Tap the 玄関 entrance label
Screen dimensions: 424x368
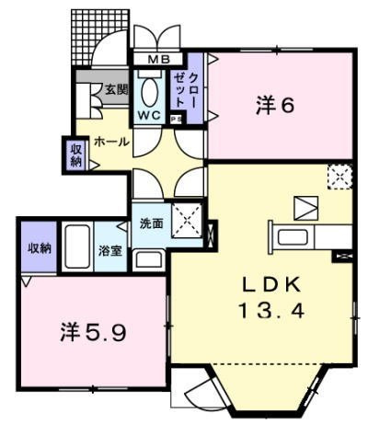[x=115, y=89]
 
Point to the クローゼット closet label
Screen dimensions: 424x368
[x=187, y=89]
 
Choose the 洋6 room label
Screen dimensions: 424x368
[x=274, y=105]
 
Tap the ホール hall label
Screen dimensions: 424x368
[x=111, y=143]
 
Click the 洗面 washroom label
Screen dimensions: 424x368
[x=151, y=223]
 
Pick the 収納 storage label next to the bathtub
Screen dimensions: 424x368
[x=39, y=247]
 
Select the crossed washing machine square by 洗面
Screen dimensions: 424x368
[x=188, y=222]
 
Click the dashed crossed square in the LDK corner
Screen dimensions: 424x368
[x=339, y=175]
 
